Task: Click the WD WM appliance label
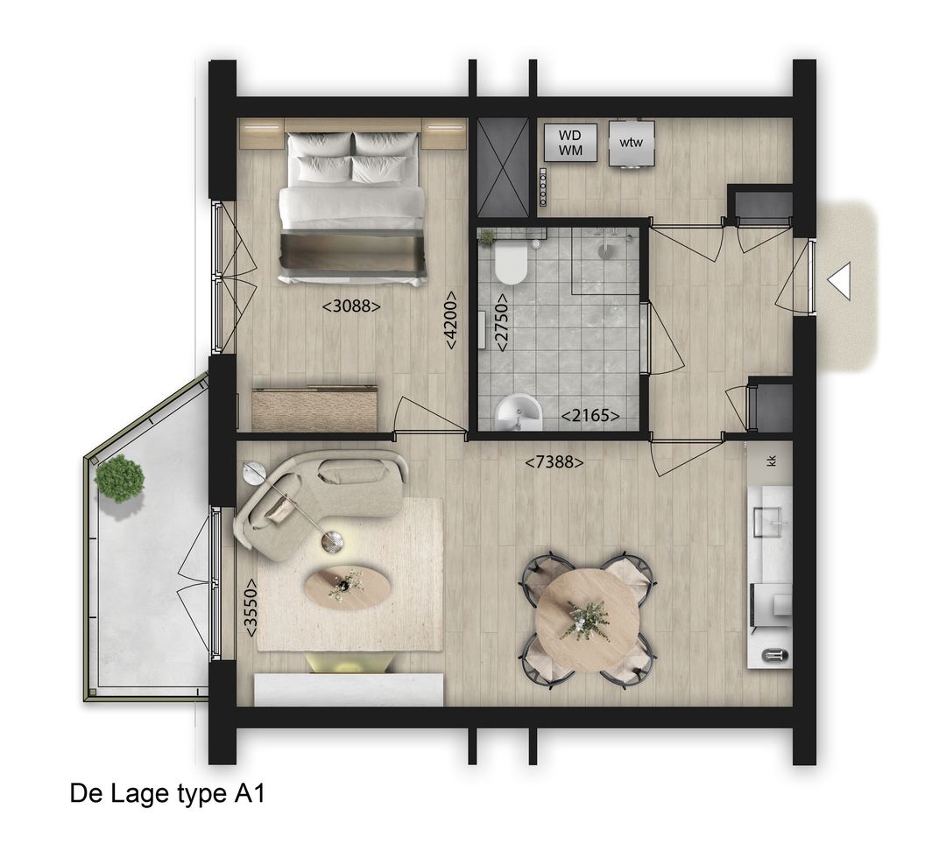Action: [570, 143]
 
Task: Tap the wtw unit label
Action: [631, 143]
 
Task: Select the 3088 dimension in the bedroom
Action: [351, 306]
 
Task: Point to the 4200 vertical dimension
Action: [450, 320]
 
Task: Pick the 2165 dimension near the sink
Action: [590, 416]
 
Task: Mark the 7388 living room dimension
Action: [554, 461]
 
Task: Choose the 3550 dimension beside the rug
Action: [251, 607]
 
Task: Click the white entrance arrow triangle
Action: [839, 282]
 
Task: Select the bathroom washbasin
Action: [519, 411]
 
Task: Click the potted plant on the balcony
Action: [120, 478]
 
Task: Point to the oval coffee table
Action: [348, 586]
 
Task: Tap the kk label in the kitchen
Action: [772, 461]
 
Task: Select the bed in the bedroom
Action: [352, 208]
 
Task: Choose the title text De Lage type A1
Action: [166, 794]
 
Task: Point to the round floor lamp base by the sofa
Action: [332, 543]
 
